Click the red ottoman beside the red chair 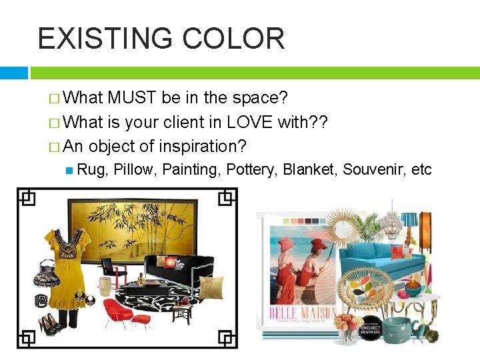coord(141,321)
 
